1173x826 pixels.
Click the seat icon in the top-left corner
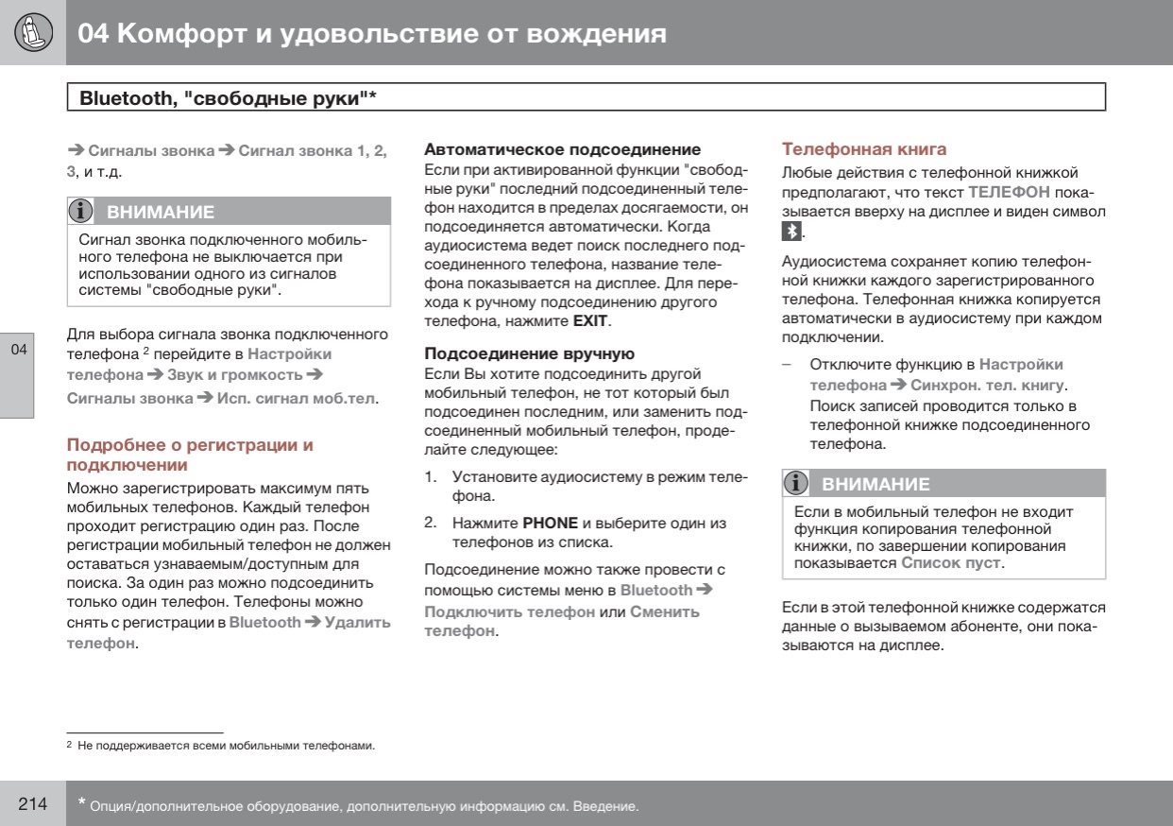pyautogui.click(x=33, y=33)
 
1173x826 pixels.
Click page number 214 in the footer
pyautogui.click(x=33, y=804)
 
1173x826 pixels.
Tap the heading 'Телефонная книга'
pyautogui.click(x=863, y=149)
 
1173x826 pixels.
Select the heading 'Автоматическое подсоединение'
pyautogui.click(x=562, y=149)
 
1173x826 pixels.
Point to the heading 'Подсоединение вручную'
pyautogui.click(x=529, y=354)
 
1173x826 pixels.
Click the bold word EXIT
pyautogui.click(x=590, y=321)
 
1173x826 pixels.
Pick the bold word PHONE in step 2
pyautogui.click(x=550, y=523)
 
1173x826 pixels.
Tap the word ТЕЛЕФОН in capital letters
pyautogui.click(x=1009, y=192)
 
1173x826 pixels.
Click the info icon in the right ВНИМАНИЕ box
pyautogui.click(x=798, y=484)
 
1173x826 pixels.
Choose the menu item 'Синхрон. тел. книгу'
pyautogui.click(x=987, y=386)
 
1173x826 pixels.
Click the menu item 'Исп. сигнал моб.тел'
pyautogui.click(x=297, y=398)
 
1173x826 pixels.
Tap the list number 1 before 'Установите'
pyautogui.click(x=430, y=476)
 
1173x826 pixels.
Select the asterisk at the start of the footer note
pyautogui.click(x=81, y=803)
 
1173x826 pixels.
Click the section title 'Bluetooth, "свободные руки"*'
pyautogui.click(x=228, y=97)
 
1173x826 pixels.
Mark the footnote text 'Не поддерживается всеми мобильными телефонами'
pyautogui.click(x=226, y=746)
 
